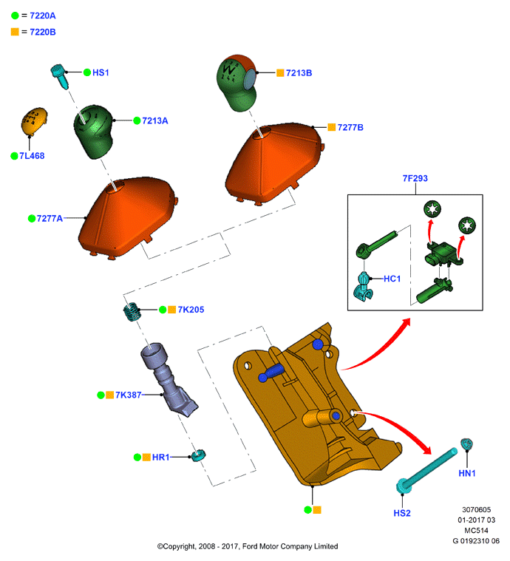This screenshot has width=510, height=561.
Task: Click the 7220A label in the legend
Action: coord(43,16)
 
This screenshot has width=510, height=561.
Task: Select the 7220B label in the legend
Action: coord(43,33)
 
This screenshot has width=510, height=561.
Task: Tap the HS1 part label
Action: coord(101,72)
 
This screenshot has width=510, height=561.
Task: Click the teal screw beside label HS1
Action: coord(60,76)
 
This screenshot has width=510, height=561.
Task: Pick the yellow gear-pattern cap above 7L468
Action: coord(34,121)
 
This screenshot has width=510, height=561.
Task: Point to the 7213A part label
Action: coord(155,121)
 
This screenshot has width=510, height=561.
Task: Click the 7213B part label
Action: coord(299,73)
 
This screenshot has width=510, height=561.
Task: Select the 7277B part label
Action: coord(350,127)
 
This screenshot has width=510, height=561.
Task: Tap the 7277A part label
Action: coord(50,218)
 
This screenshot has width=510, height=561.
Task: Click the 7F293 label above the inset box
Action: coord(415,178)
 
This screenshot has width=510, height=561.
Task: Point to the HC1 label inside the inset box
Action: coord(392,279)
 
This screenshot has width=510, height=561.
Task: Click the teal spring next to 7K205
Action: coord(132,312)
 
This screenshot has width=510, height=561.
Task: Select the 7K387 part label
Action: coord(129,395)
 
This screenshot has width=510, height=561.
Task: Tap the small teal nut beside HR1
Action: coord(198,455)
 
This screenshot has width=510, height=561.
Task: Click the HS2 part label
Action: coord(402,513)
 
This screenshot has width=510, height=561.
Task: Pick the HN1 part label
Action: coord(467,473)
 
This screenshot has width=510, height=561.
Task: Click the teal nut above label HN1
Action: coord(466,444)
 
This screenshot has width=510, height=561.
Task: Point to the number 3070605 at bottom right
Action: coord(476,509)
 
